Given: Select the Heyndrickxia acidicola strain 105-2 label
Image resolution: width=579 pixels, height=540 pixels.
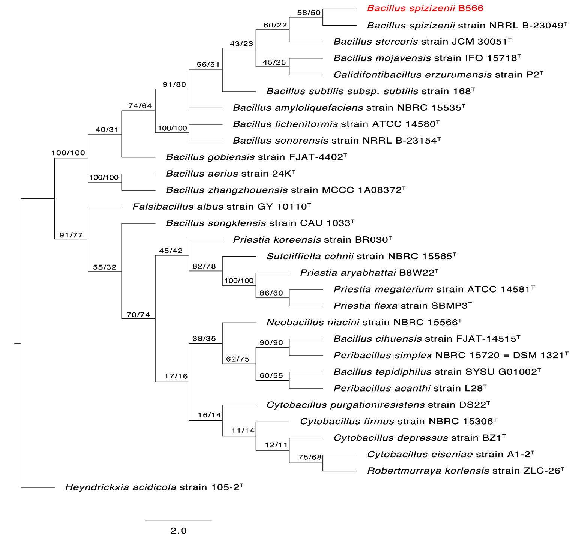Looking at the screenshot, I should point(154,487).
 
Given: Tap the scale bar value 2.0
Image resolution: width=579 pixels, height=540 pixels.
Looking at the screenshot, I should point(178,531).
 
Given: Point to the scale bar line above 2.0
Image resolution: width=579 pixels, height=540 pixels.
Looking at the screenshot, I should point(178,521).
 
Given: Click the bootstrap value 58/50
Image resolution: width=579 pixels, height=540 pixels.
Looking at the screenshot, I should point(309,13).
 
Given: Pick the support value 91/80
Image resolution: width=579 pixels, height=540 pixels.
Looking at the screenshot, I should point(174,84).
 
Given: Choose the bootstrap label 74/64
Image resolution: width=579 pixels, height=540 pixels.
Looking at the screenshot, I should point(140,106).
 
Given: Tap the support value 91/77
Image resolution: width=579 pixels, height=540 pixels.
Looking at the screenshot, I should point(71,235).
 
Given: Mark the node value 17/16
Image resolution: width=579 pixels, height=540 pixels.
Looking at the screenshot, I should point(176,376).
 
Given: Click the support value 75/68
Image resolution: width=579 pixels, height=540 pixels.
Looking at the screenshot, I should point(310,457).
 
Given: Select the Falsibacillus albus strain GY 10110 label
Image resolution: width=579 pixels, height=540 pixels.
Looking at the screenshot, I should point(222,207).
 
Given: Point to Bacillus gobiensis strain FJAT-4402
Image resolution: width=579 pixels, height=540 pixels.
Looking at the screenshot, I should point(256,157).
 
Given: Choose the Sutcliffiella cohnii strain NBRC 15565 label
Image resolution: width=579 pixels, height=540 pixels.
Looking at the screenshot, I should point(361,256).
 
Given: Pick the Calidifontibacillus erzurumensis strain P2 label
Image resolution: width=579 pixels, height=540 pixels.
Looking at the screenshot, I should point(438,75).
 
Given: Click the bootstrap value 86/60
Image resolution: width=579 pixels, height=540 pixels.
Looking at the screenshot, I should point(271,293).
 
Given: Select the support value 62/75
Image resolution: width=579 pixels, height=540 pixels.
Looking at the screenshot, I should point(238,359).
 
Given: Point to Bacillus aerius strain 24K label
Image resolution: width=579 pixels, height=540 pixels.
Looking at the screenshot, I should point(231,174).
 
